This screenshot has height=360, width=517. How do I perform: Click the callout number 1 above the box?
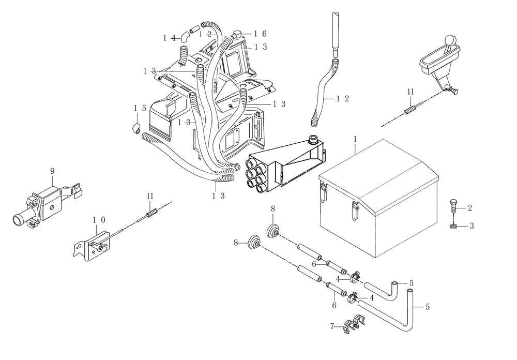[355, 140]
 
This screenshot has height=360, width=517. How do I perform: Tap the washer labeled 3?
[453, 226]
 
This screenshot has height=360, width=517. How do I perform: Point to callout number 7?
[332, 326]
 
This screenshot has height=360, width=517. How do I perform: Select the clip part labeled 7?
[354, 324]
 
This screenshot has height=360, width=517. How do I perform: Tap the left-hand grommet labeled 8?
[253, 242]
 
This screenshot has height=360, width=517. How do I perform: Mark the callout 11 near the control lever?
[409, 92]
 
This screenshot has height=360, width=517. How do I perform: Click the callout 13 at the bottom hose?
[219, 196]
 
